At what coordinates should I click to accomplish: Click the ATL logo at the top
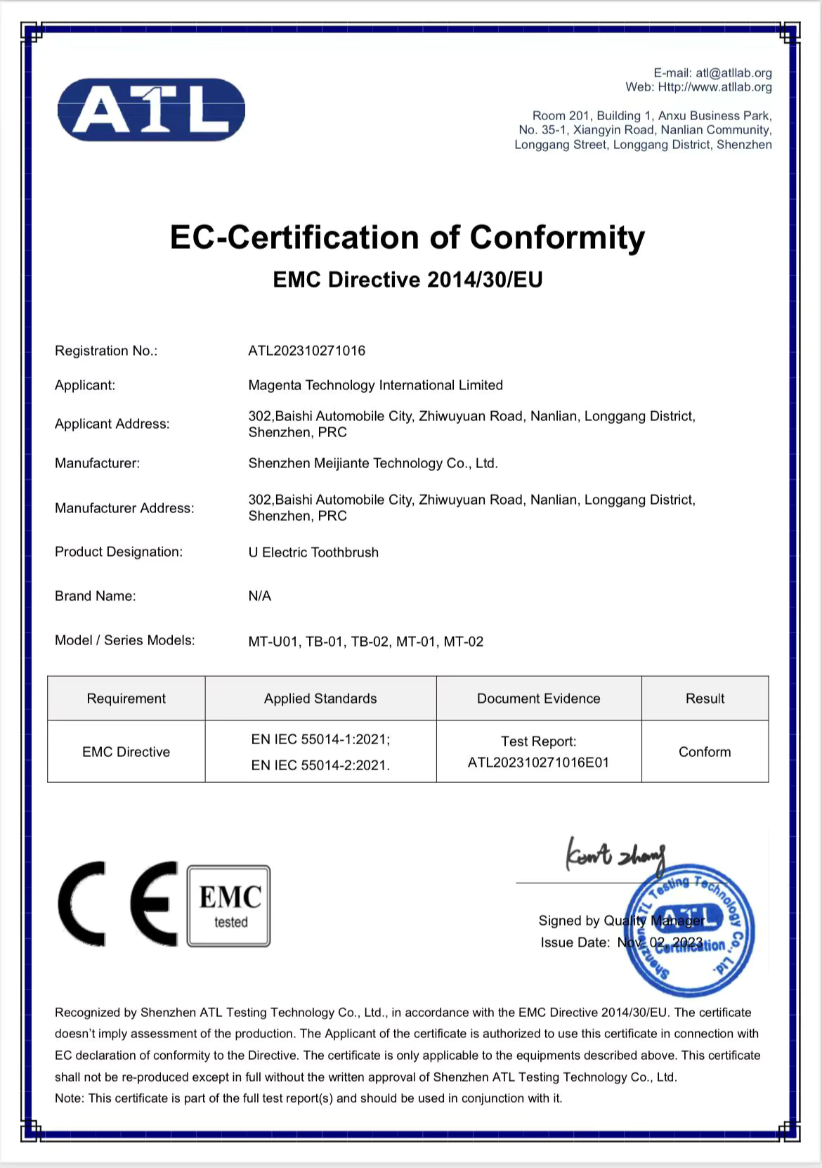(x=151, y=110)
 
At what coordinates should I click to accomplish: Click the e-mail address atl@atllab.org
(x=733, y=73)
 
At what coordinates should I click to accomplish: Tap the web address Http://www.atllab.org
(x=715, y=87)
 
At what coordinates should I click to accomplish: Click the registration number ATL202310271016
(x=306, y=351)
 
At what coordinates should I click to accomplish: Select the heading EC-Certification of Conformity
(x=407, y=238)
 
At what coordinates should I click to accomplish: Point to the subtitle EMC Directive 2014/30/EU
(x=407, y=280)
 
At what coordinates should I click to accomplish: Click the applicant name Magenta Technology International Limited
(x=375, y=385)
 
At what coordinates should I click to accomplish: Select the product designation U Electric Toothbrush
(x=313, y=552)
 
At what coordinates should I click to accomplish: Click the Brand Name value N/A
(x=259, y=596)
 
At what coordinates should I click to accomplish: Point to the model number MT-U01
(x=273, y=642)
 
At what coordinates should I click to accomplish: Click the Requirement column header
(x=126, y=699)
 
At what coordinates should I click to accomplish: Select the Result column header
(x=705, y=699)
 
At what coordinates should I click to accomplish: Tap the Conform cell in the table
(x=705, y=752)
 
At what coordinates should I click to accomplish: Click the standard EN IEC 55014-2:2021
(x=320, y=765)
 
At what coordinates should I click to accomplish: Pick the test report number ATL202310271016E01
(x=538, y=763)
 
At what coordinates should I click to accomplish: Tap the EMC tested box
(x=229, y=906)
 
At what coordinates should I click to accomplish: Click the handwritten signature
(x=615, y=856)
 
